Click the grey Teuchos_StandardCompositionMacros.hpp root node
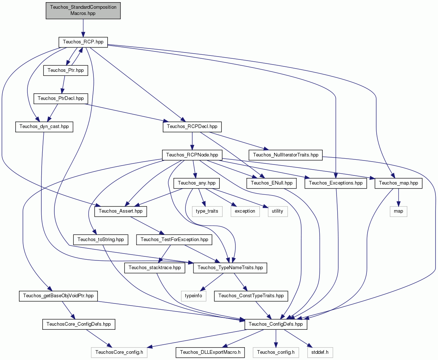[x=83, y=11]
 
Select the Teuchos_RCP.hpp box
[x=83, y=42]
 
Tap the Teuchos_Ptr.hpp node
[x=66, y=70]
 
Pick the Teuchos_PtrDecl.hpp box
[x=61, y=98]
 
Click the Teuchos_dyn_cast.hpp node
[x=44, y=127]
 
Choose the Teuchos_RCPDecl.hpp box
[x=192, y=127]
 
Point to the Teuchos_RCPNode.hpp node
[x=192, y=155]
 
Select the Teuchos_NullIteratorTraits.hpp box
[x=285, y=155]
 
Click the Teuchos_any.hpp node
[x=197, y=183]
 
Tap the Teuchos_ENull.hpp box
[x=272, y=183]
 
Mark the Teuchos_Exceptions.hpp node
[x=335, y=183]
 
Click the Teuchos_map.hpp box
[x=398, y=183]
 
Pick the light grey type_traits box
[x=207, y=212]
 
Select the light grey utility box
[x=278, y=212]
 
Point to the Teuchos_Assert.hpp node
[x=120, y=212]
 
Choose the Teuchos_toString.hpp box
[x=100, y=240]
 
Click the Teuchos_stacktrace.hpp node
[x=155, y=268]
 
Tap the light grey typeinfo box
[x=193, y=296]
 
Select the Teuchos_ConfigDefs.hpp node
[x=276, y=324]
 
